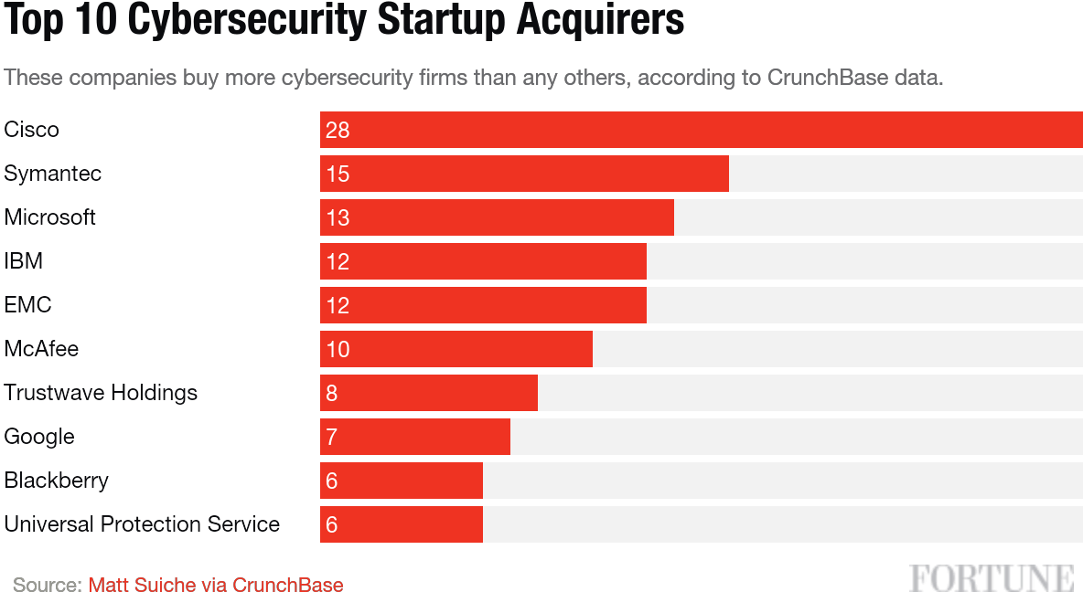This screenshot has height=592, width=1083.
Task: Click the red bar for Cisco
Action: pos(702,130)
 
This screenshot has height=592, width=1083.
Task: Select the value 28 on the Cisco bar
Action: pos(338,130)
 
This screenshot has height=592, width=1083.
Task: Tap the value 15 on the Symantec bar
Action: pos(338,174)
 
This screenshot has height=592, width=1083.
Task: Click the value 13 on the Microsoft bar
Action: pos(338,217)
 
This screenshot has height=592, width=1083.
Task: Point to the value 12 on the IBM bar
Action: pos(338,261)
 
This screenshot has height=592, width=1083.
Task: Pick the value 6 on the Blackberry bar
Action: pos(332,481)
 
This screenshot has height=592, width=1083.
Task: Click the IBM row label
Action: pos(24,261)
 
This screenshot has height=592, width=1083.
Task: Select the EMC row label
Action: pos(27,305)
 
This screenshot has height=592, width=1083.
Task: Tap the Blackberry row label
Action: pos(57,481)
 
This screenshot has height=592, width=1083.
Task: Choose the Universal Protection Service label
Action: pos(142,524)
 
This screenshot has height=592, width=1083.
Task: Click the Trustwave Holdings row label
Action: pos(101,393)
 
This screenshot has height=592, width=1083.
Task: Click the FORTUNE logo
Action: pos(992,578)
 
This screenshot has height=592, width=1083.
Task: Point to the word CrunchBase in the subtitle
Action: pos(828,78)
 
